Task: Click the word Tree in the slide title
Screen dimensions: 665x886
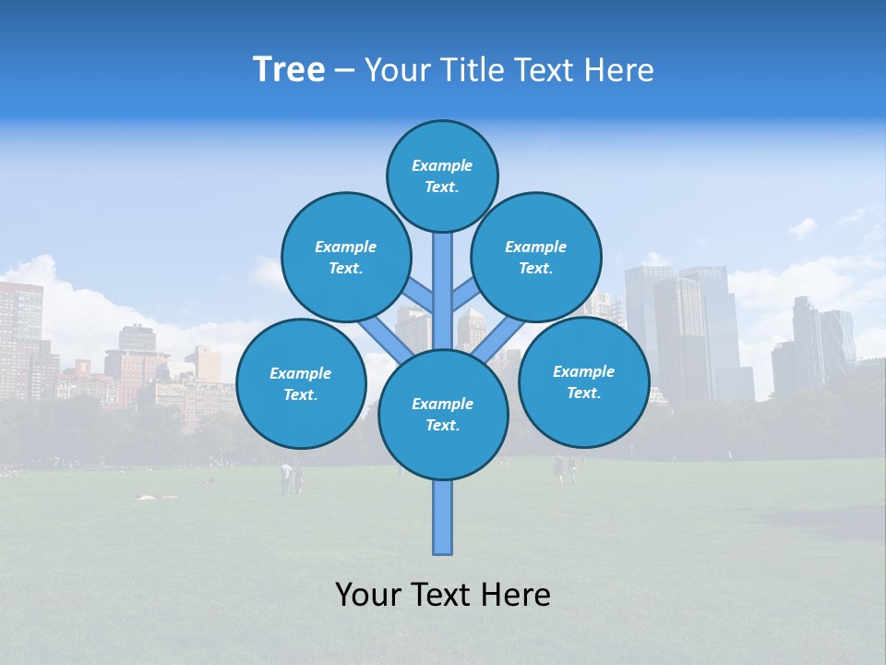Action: [x=289, y=70]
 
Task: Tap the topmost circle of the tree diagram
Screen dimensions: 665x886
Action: [x=442, y=175]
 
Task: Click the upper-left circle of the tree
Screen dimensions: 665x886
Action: [x=345, y=257]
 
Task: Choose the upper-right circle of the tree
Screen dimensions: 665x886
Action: [x=535, y=257]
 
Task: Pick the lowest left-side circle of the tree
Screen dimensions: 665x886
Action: [x=301, y=383]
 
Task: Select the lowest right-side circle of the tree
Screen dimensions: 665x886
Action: [x=583, y=381]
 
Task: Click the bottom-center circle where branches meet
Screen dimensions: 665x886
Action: [x=442, y=414]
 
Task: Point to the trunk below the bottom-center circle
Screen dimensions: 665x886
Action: [x=442, y=517]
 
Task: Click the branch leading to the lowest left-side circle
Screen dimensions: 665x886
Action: [x=386, y=340]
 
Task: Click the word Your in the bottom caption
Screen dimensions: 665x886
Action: [x=367, y=594]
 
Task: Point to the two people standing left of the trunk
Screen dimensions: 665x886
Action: [x=291, y=478]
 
